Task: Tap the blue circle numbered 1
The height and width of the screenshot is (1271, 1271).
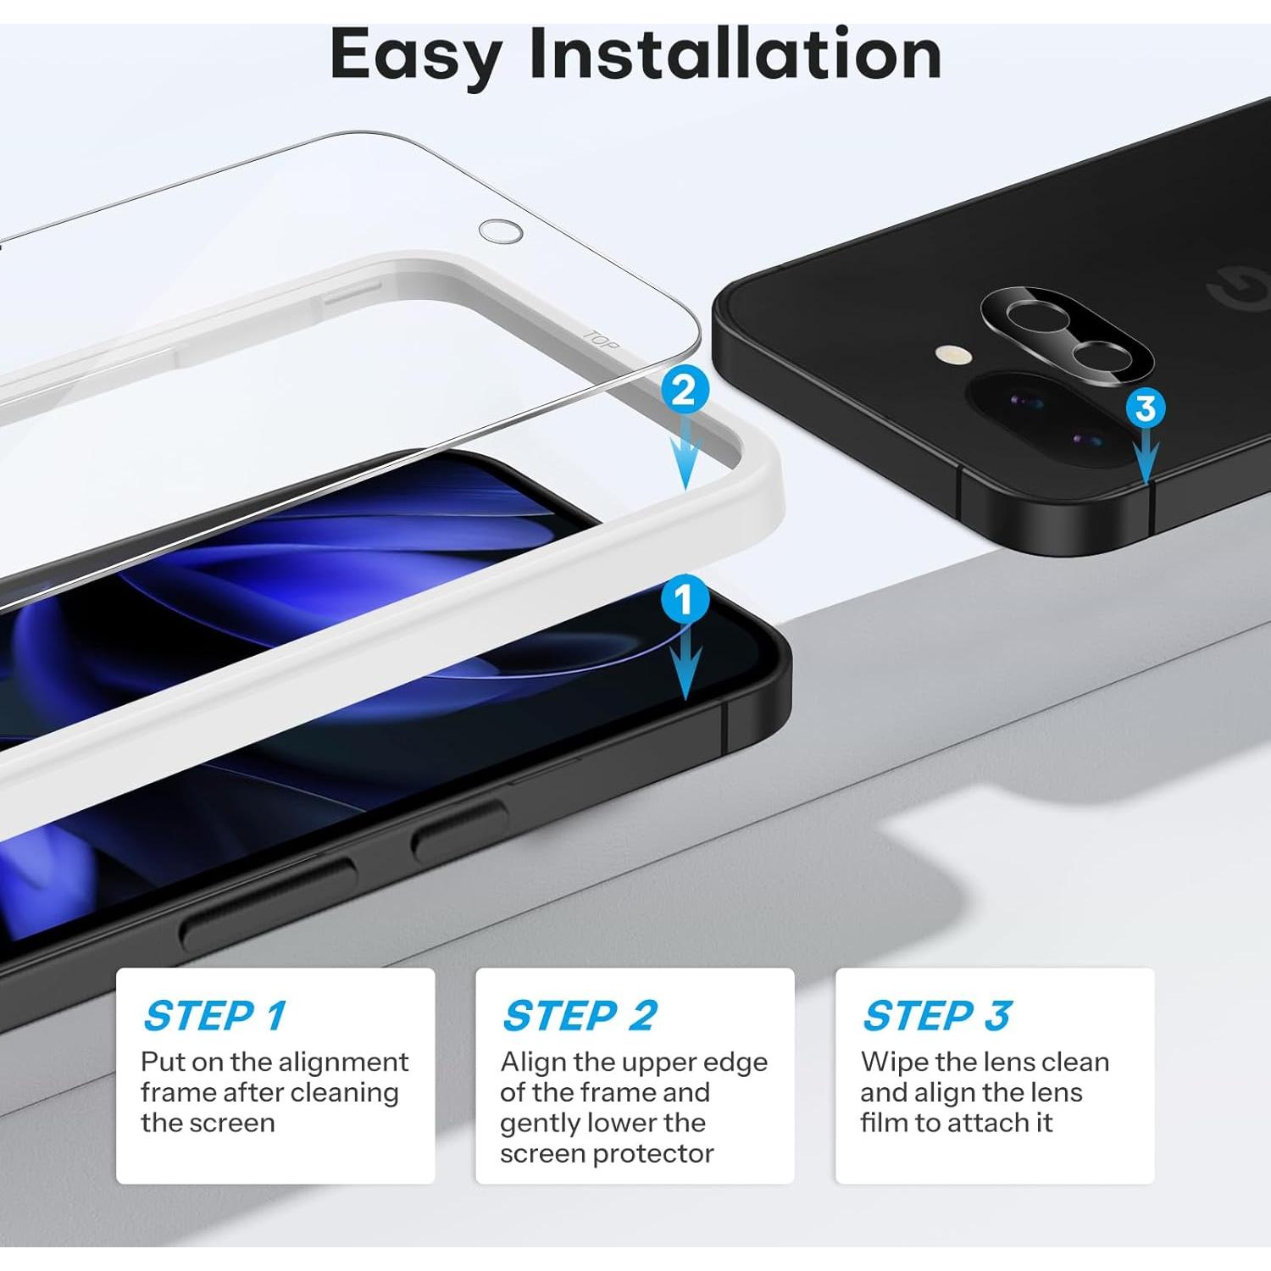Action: coord(684,600)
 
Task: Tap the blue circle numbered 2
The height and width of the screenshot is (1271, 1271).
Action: coord(684,390)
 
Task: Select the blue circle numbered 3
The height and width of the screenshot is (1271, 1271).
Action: coord(1146,408)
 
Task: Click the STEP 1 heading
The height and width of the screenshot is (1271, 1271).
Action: coord(215,1015)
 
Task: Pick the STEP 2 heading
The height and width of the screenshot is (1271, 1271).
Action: coord(580,1015)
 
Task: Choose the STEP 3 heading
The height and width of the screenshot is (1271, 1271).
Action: coord(936,1015)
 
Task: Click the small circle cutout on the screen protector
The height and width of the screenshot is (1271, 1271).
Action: coord(500,230)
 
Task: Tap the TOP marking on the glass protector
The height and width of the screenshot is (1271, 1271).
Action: coord(601,341)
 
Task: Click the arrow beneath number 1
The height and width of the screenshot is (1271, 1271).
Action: coord(685,665)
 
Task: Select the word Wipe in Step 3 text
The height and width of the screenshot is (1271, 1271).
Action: coord(895,1062)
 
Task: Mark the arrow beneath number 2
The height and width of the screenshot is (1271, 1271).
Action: coord(685,458)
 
